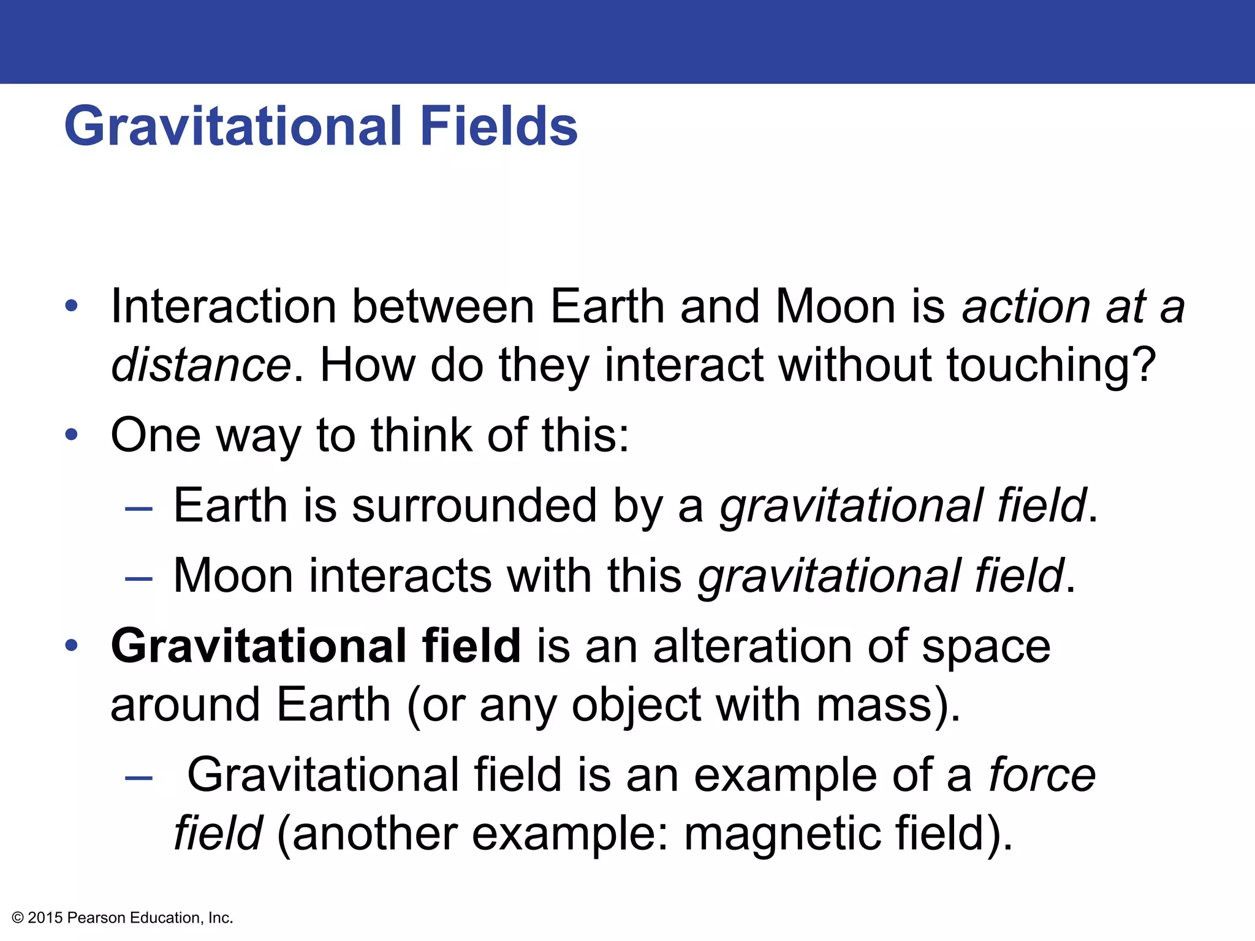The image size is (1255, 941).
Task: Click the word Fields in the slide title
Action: (x=499, y=126)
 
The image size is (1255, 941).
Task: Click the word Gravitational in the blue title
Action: (x=233, y=126)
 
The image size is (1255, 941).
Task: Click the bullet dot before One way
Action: (x=72, y=434)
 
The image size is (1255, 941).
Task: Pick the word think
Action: (x=421, y=434)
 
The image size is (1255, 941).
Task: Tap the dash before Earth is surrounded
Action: (x=138, y=508)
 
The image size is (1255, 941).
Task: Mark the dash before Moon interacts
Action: (x=138, y=578)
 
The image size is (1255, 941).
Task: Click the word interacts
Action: (x=400, y=576)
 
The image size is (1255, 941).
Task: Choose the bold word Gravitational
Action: (x=257, y=646)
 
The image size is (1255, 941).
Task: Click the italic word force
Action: (x=1042, y=775)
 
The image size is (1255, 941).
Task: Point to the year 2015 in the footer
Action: (x=45, y=918)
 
